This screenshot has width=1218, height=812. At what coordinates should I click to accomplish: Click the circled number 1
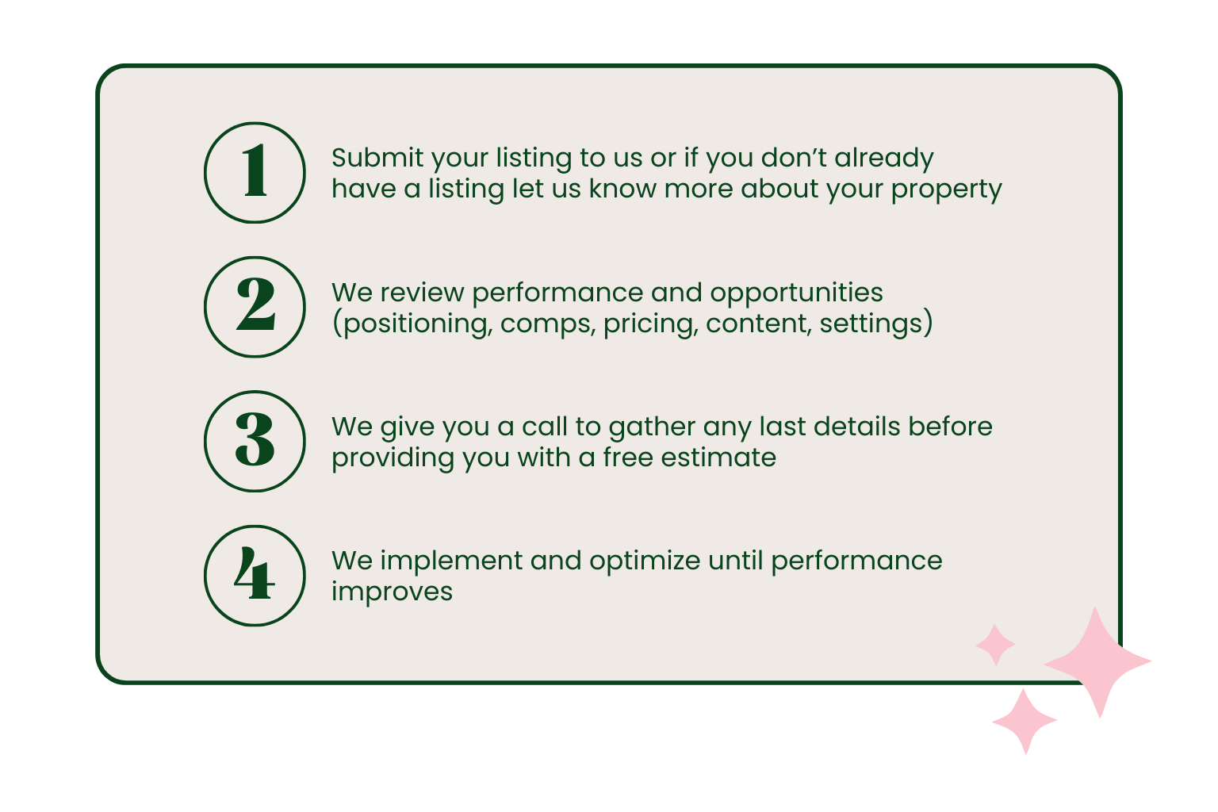click(255, 172)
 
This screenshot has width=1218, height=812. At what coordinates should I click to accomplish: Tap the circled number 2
click(255, 306)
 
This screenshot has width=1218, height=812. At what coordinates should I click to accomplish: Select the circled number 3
click(255, 440)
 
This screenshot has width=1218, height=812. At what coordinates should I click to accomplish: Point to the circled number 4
click(255, 575)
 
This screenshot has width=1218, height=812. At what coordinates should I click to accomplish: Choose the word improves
click(392, 592)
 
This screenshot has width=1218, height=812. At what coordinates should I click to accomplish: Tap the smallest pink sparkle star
click(995, 644)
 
